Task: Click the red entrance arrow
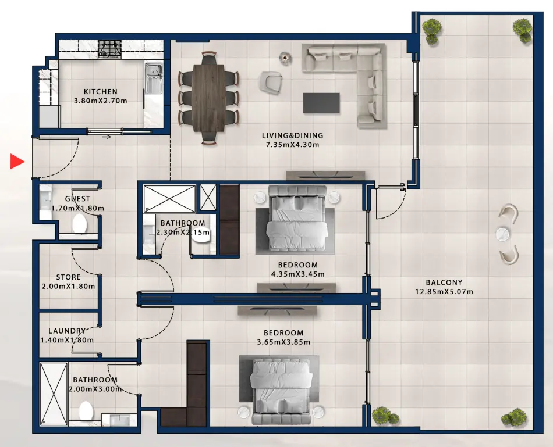(x=17, y=162)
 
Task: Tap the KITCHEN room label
(x=101, y=92)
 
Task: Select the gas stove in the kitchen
(x=109, y=49)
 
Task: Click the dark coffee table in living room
(x=321, y=103)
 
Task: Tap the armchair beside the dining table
(x=271, y=82)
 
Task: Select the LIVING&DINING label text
(x=292, y=135)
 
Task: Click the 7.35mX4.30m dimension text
(x=292, y=144)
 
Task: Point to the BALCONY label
(x=444, y=282)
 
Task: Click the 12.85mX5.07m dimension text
(x=444, y=292)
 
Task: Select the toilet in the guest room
(x=80, y=224)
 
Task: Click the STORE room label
(x=69, y=277)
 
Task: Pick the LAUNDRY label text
(x=67, y=331)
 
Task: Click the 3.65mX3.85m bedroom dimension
(x=283, y=342)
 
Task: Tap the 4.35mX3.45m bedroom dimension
(x=297, y=274)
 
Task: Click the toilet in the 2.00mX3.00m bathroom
(x=86, y=411)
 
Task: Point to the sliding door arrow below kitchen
(x=106, y=137)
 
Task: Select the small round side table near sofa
(x=285, y=58)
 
